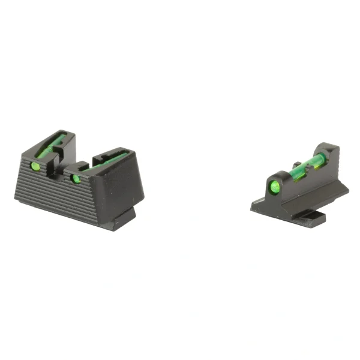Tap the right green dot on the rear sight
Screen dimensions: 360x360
[x=76, y=178]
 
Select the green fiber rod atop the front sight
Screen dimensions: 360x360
[x=309, y=162]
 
